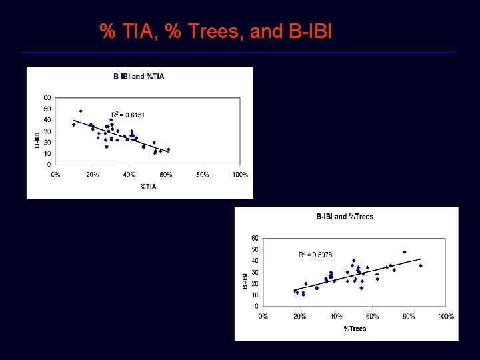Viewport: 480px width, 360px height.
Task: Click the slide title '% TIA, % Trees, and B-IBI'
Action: coord(215,31)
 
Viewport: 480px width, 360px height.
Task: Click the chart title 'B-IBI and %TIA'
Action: coord(139,76)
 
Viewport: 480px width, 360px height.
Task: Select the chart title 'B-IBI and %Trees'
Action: coord(345,217)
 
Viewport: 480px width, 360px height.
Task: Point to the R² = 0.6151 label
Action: coord(127,115)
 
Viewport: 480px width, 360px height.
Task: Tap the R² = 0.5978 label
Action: coord(315,255)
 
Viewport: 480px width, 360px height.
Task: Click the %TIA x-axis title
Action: coord(148,187)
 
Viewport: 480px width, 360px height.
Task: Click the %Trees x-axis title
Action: coord(355,328)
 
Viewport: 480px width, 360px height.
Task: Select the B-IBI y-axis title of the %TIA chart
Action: coord(37,140)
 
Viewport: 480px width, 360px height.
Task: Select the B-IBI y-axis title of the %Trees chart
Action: coord(245,280)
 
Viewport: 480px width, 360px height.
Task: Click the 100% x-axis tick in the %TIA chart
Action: coord(240,175)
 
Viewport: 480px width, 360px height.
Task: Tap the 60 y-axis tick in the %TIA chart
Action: coord(47,97)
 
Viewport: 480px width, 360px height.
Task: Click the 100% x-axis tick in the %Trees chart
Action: coord(446,316)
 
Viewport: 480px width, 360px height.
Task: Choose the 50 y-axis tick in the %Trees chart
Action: coord(255,249)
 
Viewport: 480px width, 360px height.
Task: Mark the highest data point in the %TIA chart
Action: coord(81,111)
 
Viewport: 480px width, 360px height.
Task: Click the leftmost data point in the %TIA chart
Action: coord(73,125)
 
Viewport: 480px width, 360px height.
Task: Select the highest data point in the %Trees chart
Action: coord(404,252)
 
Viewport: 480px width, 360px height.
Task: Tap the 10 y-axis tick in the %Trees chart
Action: coord(255,295)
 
